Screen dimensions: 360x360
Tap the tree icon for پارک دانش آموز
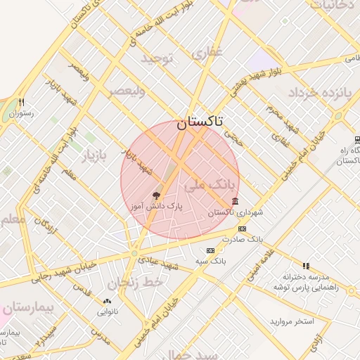point(156,195)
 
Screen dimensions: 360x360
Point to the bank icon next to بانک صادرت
point(242,229)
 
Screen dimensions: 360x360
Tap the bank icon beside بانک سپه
point(210,250)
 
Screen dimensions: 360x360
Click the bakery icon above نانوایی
point(107,300)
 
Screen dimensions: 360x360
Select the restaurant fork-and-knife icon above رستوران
point(22,102)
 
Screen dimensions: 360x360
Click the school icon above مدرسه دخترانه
point(306,266)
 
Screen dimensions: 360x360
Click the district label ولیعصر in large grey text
point(127,91)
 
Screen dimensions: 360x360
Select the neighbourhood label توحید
point(156,58)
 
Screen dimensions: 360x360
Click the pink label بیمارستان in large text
point(27,307)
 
